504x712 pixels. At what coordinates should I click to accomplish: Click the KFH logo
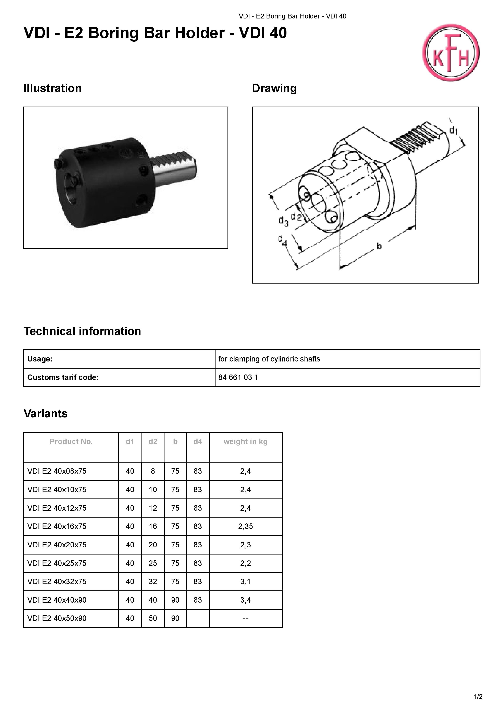pos(451,53)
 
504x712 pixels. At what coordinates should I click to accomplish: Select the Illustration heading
pos(52,88)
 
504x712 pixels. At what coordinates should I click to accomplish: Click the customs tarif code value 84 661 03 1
pos(238,377)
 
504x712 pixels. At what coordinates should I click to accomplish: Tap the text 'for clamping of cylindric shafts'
pos(269,359)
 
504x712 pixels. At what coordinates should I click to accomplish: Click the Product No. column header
pos(71,442)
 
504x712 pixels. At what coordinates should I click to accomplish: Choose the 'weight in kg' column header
pos(245,442)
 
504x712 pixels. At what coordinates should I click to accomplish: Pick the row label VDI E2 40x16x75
pos(57,526)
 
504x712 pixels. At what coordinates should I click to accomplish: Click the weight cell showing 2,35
pos(245,526)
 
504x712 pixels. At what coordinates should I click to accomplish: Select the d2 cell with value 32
pos(152,581)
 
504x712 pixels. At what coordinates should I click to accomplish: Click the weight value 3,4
pos(245,600)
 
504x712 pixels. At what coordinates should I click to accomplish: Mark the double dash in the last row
pos(245,618)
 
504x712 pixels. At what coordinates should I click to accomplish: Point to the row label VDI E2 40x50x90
pos(57,618)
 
